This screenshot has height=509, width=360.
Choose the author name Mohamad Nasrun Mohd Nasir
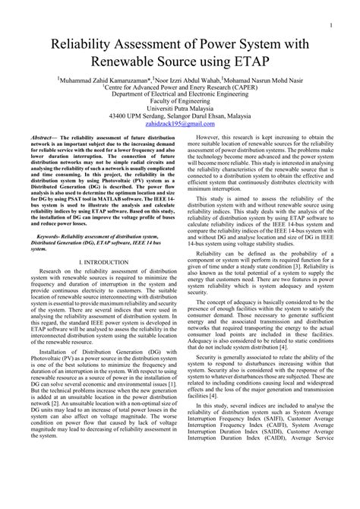coord(265,78)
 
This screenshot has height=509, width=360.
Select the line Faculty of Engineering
coord(180,103)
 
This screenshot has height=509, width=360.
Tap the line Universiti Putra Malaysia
coord(180,112)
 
